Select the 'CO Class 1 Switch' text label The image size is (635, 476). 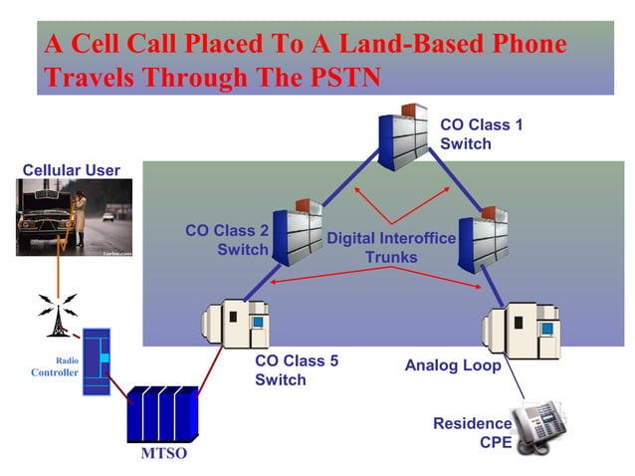tap(481, 134)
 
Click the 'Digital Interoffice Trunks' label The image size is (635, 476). tap(391, 248)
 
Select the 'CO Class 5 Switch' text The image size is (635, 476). tap(297, 370)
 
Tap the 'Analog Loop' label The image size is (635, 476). tap(453, 365)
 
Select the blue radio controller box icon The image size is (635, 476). tap(96, 362)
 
